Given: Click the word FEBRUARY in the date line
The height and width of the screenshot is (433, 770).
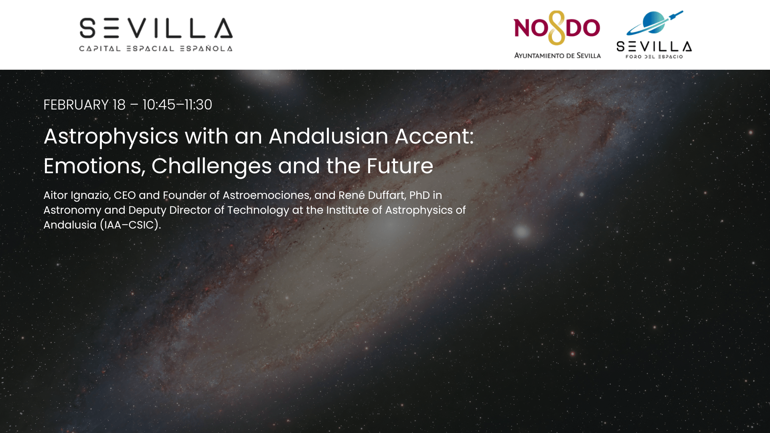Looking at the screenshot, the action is [x=76, y=105].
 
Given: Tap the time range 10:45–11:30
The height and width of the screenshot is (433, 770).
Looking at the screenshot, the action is [x=177, y=105].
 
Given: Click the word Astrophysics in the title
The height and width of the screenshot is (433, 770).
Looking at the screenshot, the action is [x=111, y=137].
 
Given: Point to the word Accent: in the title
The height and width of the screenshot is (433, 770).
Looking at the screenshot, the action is [x=434, y=136].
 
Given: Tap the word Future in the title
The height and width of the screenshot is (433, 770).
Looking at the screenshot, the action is [x=400, y=166].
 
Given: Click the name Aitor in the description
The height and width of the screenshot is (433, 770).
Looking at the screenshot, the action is [x=56, y=195].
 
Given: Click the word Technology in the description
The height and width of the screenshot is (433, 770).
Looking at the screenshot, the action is [x=258, y=210].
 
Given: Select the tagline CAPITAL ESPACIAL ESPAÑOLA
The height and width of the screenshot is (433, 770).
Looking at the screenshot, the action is [x=156, y=49].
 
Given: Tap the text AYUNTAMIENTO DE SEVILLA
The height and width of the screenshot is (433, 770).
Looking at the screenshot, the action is [x=557, y=55].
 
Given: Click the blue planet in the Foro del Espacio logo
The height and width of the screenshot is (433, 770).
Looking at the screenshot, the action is [x=653, y=22].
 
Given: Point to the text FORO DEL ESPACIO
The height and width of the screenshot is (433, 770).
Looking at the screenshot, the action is [x=654, y=57].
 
